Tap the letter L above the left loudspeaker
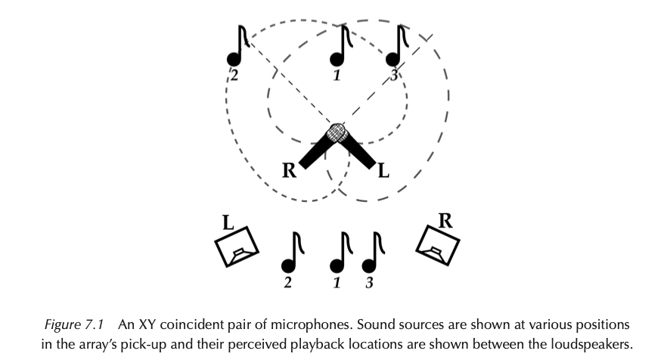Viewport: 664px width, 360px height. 226,222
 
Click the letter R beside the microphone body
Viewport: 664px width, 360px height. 287,170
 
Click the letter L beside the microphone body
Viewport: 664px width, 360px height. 383,170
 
